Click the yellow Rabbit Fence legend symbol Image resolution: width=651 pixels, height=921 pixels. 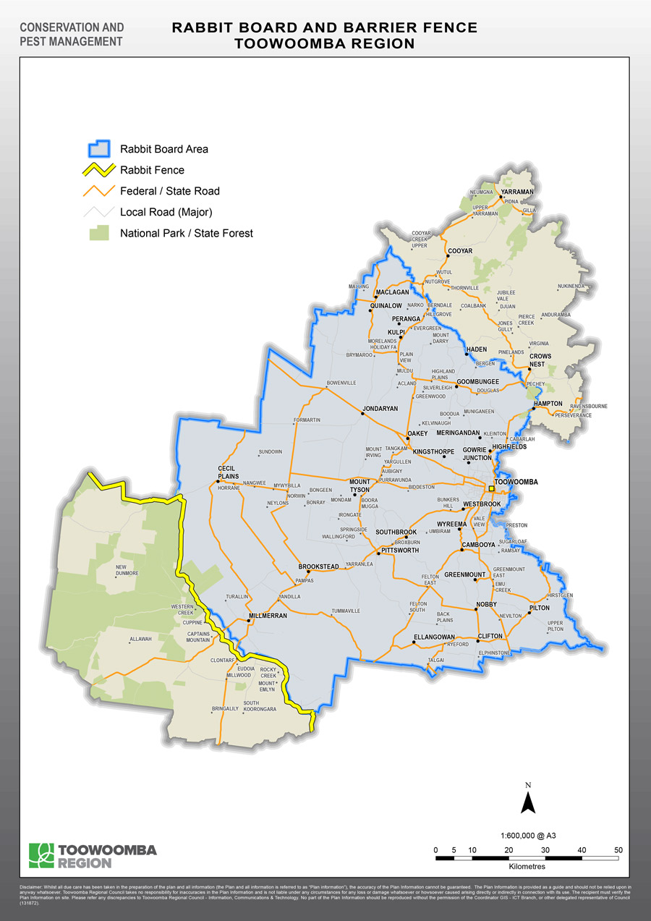98,171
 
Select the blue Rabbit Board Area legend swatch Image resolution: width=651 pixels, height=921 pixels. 98,149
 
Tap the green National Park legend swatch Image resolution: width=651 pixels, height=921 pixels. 99,233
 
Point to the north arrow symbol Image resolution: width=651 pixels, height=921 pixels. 528,799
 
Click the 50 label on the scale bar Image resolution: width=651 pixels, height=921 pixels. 618,849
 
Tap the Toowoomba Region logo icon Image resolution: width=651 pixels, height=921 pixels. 41,855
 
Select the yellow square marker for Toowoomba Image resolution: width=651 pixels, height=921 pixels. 491,489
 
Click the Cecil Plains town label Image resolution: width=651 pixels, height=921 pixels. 227,472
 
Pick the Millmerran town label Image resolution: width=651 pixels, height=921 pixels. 268,616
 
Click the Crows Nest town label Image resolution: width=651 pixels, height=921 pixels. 540,360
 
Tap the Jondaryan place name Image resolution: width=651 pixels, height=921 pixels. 380,409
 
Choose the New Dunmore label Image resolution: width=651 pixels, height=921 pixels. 127,570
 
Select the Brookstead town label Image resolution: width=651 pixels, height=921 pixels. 319,566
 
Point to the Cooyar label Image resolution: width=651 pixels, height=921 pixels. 460,251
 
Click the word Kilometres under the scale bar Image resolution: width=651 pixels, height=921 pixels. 527,866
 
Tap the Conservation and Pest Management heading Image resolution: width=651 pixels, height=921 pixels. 72,35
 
